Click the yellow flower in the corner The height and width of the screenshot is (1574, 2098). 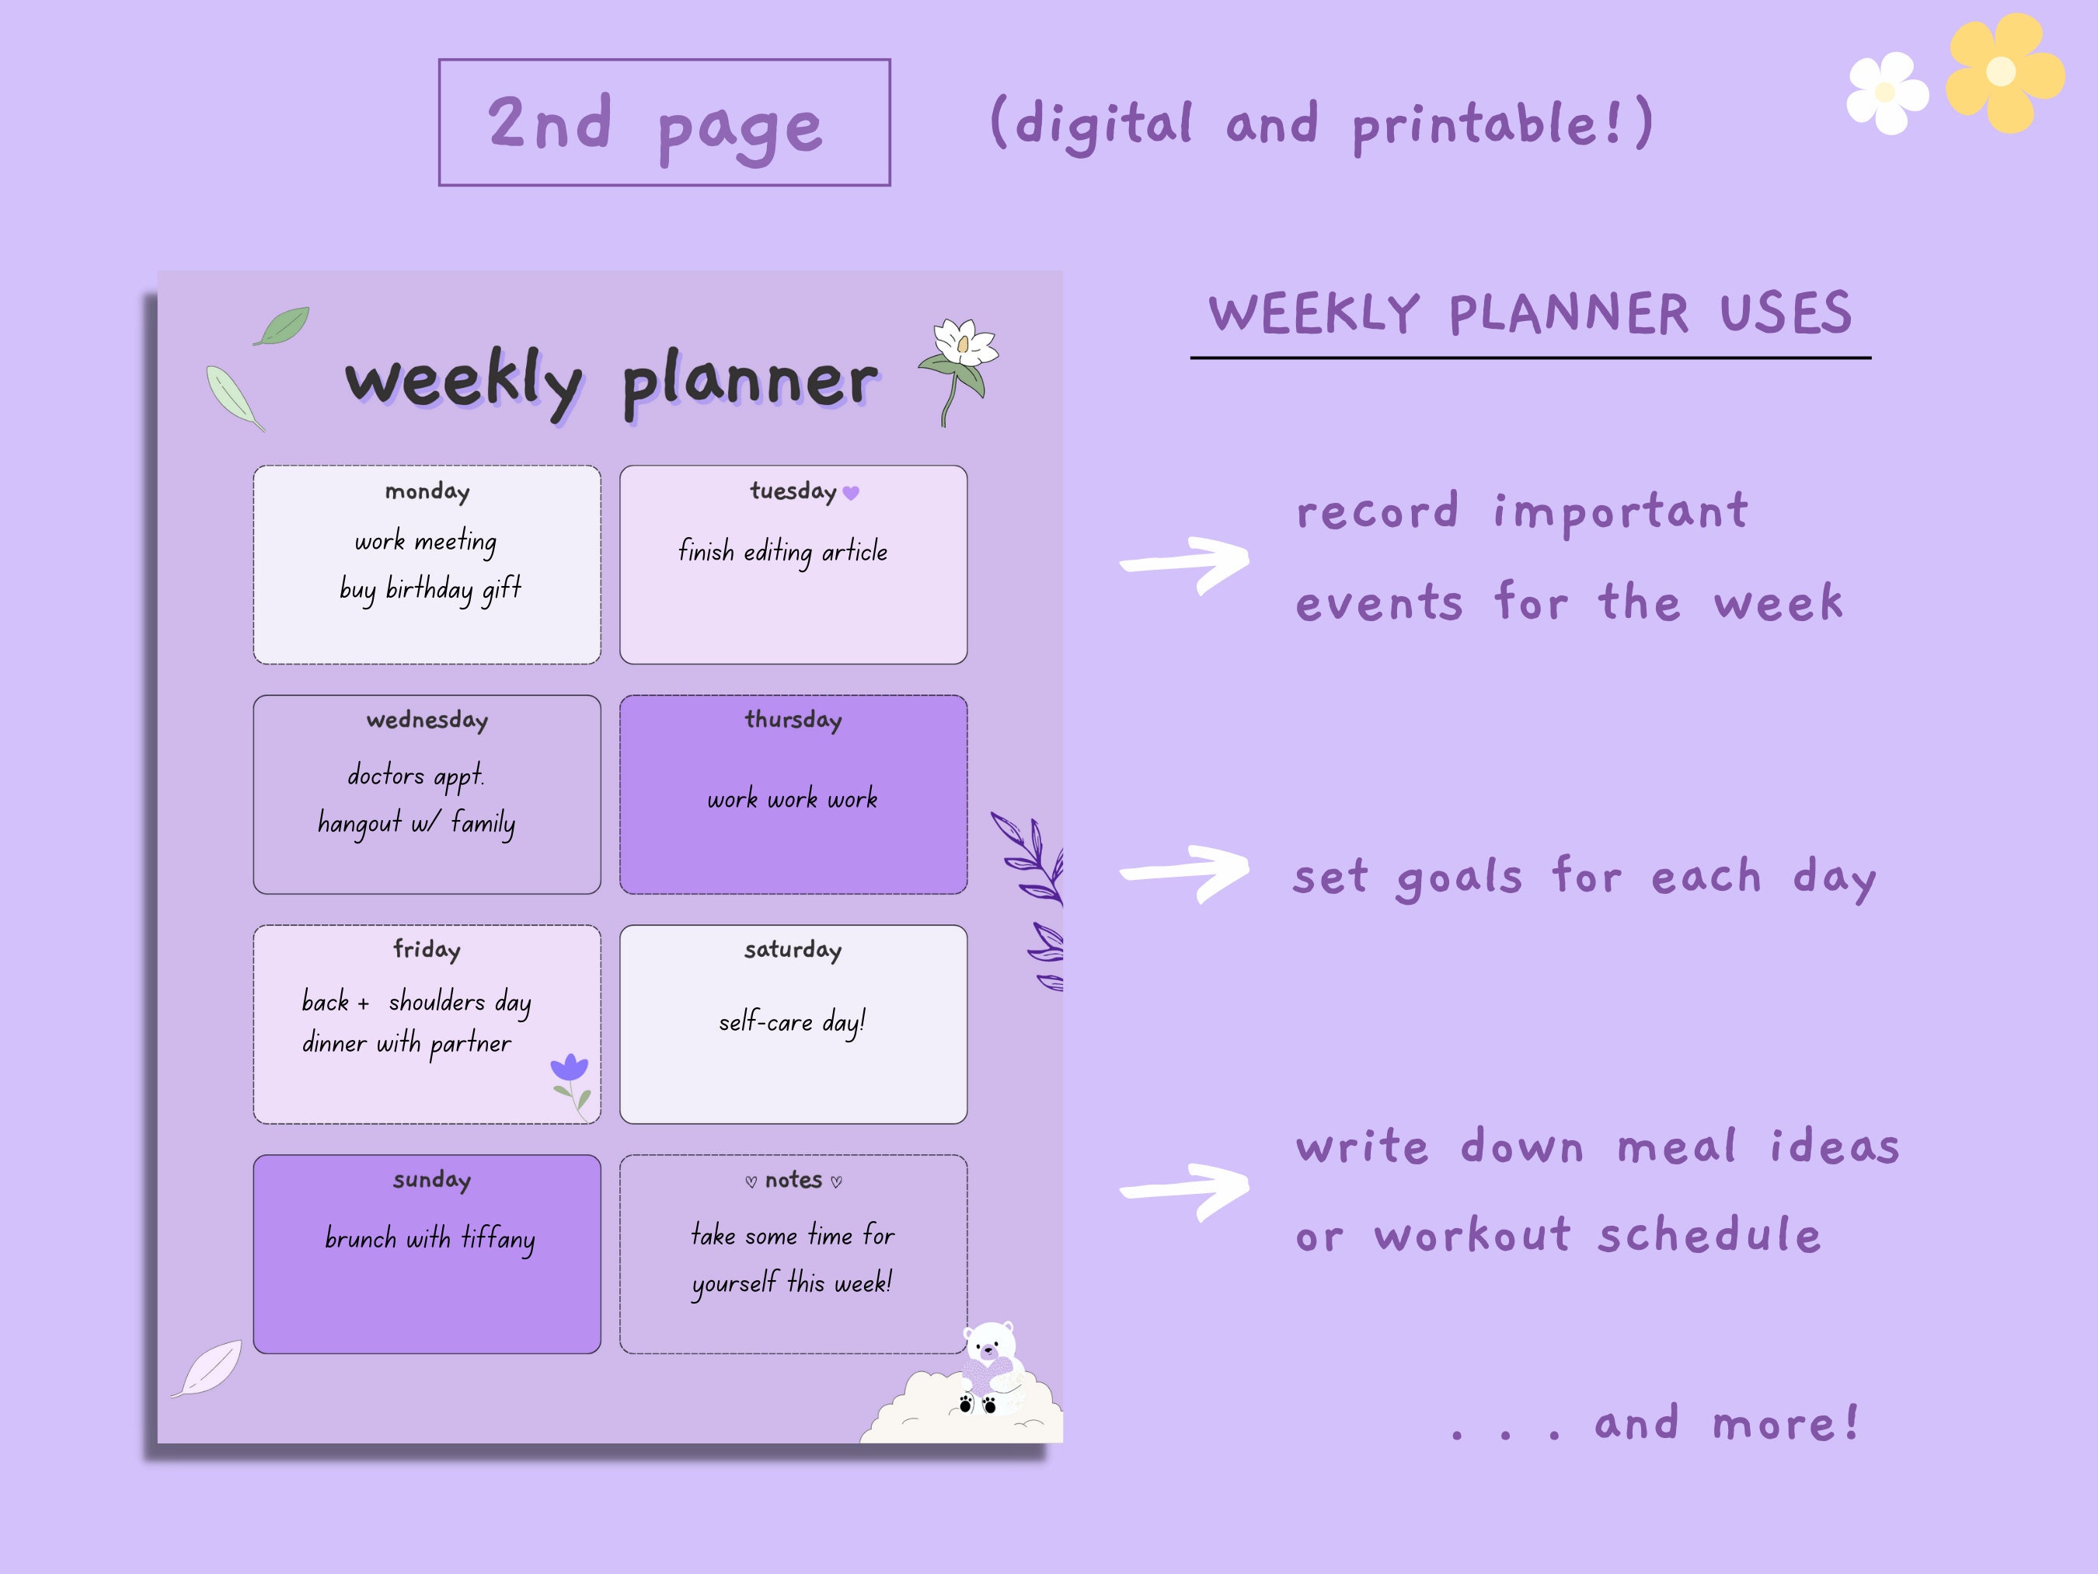tap(2003, 72)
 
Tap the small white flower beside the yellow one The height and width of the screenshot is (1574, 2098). tap(1887, 93)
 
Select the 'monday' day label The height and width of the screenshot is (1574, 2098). tap(427, 491)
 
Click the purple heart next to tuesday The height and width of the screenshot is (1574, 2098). tap(851, 492)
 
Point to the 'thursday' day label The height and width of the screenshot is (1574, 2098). tap(793, 720)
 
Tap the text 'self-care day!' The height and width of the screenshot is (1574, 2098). tap(792, 1022)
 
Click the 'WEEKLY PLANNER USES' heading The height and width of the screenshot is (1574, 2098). tap(1529, 314)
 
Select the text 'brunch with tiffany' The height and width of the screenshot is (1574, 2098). tap(430, 1238)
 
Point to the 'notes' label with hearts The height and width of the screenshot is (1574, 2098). tap(793, 1180)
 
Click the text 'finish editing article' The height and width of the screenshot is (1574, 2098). tap(782, 551)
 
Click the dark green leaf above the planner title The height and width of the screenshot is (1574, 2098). tap(282, 326)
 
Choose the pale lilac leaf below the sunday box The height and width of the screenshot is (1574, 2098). tap(210, 1367)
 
